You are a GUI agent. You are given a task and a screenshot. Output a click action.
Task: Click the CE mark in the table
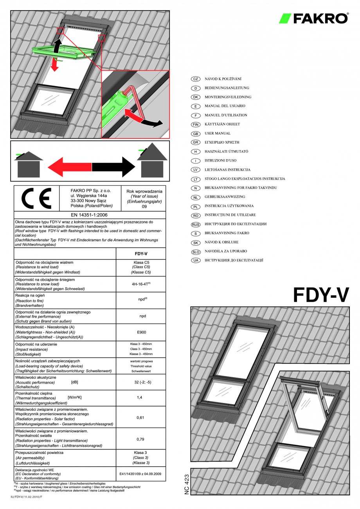[36, 198]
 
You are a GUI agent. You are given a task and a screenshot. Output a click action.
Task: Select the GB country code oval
[195, 133]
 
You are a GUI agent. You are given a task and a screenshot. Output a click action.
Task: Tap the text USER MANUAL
[218, 133]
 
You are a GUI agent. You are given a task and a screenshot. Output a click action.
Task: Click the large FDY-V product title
[321, 295]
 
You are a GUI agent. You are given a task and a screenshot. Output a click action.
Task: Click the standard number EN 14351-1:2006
[89, 215]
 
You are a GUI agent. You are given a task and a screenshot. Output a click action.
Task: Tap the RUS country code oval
[195, 224]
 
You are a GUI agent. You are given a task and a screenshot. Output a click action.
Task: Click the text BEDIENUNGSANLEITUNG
[227, 88]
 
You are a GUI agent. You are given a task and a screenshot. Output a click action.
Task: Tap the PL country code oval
[195, 206]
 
